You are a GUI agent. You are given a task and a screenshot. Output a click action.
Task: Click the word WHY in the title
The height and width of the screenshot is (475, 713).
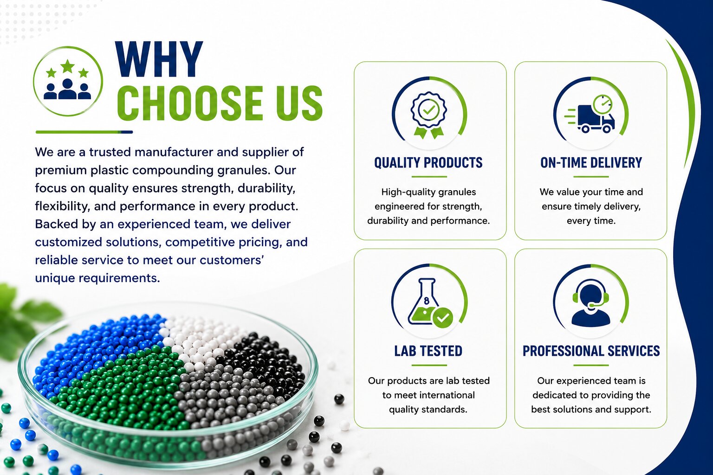pyautogui.click(x=159, y=59)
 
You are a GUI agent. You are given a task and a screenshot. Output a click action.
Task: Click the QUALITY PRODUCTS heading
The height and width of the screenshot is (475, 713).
pyautogui.click(x=428, y=162)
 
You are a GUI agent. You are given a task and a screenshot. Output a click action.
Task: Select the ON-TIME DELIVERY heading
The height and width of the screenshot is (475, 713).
pyautogui.click(x=591, y=162)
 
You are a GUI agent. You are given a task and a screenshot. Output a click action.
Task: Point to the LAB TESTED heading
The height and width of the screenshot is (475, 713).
pyautogui.click(x=428, y=351)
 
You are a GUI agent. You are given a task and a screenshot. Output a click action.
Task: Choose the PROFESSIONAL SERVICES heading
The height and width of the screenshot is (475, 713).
pyautogui.click(x=591, y=351)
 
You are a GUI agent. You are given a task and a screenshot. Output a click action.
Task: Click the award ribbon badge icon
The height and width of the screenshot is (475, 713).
pyautogui.click(x=429, y=115)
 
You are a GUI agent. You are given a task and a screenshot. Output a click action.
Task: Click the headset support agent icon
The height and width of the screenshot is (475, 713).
pyautogui.click(x=591, y=303)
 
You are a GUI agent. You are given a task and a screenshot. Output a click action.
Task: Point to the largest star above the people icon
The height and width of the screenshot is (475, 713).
pyautogui.click(x=67, y=66)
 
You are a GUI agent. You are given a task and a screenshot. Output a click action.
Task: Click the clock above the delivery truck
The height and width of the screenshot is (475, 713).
pyautogui.click(x=603, y=104)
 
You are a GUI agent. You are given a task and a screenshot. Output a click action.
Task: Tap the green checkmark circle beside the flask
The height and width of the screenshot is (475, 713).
pyautogui.click(x=443, y=317)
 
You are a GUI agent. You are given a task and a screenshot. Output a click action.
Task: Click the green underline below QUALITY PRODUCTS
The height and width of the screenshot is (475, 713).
pyautogui.click(x=429, y=177)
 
